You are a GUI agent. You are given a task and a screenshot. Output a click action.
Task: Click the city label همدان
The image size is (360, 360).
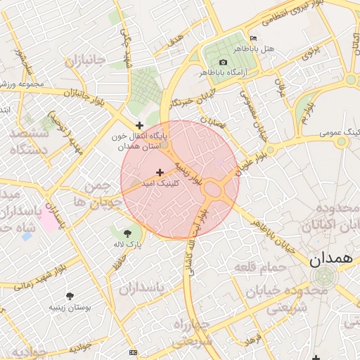point(328,259)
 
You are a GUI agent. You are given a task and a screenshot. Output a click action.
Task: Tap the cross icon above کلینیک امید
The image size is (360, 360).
point(160,172)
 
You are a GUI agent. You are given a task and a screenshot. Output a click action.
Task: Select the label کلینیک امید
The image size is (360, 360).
point(161,183)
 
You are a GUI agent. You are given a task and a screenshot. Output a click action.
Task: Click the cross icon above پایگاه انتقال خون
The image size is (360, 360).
point(140,124)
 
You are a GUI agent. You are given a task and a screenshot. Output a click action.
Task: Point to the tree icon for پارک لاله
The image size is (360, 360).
point(127,233)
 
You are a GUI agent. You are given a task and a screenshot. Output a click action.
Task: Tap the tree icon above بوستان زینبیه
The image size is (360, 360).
point(69,296)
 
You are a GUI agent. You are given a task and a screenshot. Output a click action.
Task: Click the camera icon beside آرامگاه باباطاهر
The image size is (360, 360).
point(223,62)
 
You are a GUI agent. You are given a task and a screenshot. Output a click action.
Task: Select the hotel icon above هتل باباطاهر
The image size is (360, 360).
point(253,38)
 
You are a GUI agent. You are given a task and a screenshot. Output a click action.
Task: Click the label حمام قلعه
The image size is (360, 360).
point(260,267)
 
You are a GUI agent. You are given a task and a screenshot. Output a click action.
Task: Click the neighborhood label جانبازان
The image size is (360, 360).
point(85,61)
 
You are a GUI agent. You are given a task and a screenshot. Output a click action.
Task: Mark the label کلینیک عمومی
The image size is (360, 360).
point(340,131)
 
